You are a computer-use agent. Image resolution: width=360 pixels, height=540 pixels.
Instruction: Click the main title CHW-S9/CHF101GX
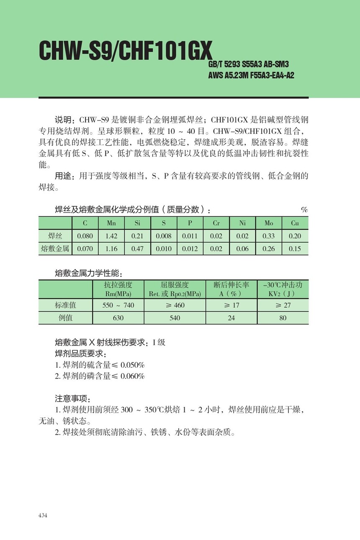pyautogui.click(x=126, y=51)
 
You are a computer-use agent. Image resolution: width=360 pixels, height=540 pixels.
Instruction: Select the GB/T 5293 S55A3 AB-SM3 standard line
pyautogui.click(x=248, y=64)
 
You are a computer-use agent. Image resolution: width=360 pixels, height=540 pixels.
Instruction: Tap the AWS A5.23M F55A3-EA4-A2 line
pyautogui.click(x=251, y=76)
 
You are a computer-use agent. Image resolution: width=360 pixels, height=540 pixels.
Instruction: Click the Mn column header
pyautogui.click(x=111, y=223)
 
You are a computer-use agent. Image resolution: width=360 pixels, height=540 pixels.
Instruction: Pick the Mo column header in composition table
pyautogui.click(x=269, y=223)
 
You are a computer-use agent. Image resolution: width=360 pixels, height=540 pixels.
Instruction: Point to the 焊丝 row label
pyautogui.click(x=55, y=236)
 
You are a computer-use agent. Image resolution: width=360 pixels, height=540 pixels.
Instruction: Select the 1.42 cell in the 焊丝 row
pyautogui.click(x=111, y=236)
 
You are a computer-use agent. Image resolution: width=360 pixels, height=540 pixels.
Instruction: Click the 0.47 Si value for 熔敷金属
pyautogui.click(x=137, y=249)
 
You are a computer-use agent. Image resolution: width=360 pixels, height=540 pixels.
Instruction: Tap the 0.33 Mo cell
pyautogui.click(x=269, y=236)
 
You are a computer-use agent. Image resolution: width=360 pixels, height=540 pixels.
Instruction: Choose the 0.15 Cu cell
pyautogui.click(x=295, y=249)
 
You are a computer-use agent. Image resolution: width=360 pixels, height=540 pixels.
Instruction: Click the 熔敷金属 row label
pyautogui.click(x=55, y=249)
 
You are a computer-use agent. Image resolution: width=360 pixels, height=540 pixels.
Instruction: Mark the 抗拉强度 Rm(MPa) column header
pyautogui.click(x=118, y=289)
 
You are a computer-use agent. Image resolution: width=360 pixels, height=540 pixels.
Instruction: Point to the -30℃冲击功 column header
pyautogui.click(x=283, y=289)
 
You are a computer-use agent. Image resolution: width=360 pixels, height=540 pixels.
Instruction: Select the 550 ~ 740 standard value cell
pyautogui.click(x=118, y=305)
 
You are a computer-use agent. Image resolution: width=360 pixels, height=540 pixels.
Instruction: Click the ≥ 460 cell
pyautogui.click(x=175, y=305)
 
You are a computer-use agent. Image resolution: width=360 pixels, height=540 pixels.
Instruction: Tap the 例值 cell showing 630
pyautogui.click(x=118, y=318)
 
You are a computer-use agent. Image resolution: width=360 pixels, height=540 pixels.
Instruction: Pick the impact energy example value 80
pyautogui.click(x=283, y=318)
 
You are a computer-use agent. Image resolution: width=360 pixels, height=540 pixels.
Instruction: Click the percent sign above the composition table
pyautogui.click(x=304, y=210)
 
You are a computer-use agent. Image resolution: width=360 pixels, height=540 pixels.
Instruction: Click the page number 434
pyautogui.click(x=43, y=515)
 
